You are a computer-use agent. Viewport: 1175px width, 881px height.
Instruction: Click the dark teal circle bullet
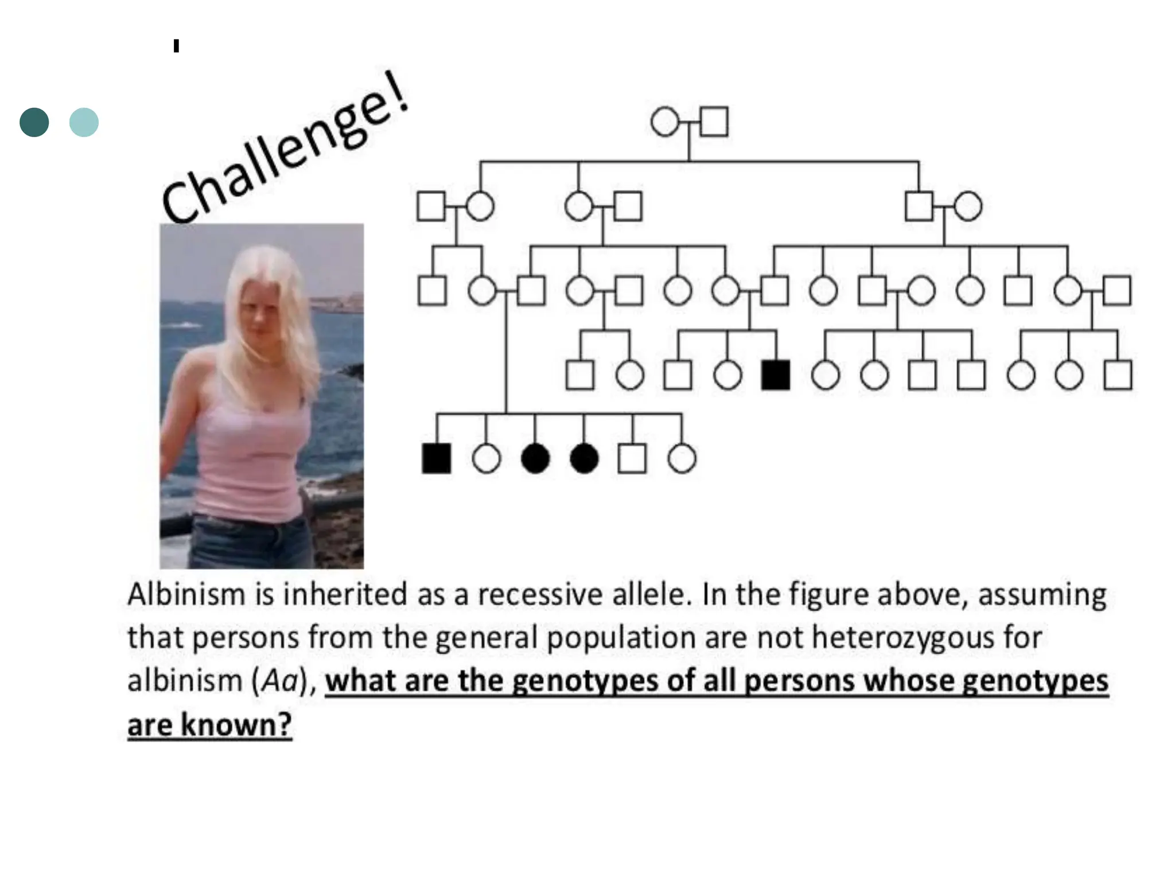(34, 122)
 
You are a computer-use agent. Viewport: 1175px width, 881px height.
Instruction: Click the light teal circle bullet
(84, 122)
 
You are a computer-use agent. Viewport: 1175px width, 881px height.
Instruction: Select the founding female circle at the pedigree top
(665, 122)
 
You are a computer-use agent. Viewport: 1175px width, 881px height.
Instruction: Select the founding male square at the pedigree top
(714, 122)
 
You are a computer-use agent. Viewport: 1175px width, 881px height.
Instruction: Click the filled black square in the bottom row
(437, 459)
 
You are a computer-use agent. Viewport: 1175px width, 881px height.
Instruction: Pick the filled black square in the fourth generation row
(776, 375)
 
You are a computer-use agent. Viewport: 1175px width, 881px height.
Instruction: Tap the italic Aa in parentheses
(281, 681)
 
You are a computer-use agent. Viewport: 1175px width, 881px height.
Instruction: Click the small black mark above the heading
(176, 46)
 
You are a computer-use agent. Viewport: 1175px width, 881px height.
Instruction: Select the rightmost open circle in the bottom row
(682, 459)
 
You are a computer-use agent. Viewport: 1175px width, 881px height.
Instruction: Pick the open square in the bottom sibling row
(632, 459)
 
